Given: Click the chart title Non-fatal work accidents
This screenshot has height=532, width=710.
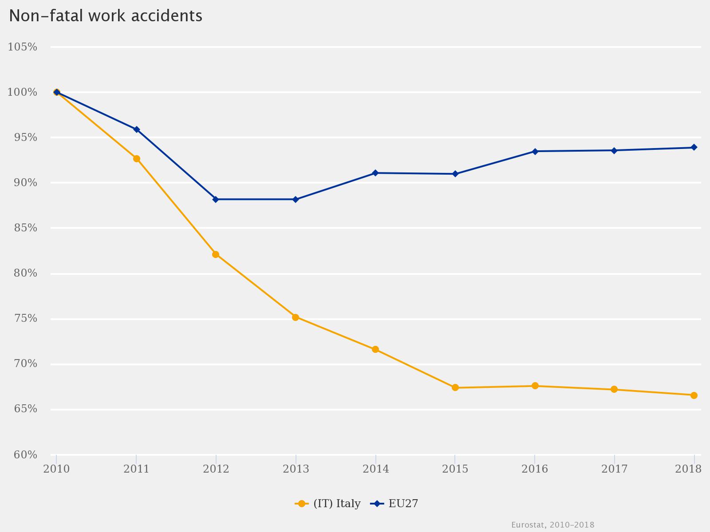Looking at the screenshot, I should pyautogui.click(x=106, y=16).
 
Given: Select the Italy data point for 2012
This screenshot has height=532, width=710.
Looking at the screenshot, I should pyautogui.click(x=216, y=254).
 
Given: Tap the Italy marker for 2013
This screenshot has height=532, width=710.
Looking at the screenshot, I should pyautogui.click(x=296, y=317).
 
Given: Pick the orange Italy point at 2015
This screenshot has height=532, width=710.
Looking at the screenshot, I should pyautogui.click(x=455, y=387).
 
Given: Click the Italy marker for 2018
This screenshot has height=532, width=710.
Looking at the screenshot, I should pyautogui.click(x=694, y=395).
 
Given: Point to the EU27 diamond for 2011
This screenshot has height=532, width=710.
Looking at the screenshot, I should pyautogui.click(x=137, y=129).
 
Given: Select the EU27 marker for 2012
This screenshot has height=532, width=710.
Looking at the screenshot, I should pyautogui.click(x=216, y=199).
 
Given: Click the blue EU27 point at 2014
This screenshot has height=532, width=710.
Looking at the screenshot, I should pyautogui.click(x=375, y=173).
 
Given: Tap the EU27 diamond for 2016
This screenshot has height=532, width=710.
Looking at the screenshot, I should pyautogui.click(x=535, y=151).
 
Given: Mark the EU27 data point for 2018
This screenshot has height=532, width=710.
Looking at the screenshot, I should pyautogui.click(x=694, y=147).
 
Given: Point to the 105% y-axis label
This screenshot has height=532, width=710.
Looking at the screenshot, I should pyautogui.click(x=22, y=47).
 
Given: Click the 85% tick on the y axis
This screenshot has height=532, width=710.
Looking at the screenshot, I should pyautogui.click(x=22, y=228).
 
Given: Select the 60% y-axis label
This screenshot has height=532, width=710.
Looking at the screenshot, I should pyautogui.click(x=22, y=455).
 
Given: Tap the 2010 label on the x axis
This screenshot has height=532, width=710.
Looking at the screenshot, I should pyautogui.click(x=56, y=469).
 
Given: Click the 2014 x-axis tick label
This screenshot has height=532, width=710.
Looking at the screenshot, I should pyautogui.click(x=375, y=469).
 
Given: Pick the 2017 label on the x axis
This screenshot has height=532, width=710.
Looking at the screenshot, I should pyautogui.click(x=614, y=469).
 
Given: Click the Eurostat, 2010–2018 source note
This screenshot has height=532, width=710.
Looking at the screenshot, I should pyautogui.click(x=552, y=525).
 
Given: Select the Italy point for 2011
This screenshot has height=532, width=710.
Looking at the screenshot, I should pyautogui.click(x=137, y=159).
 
